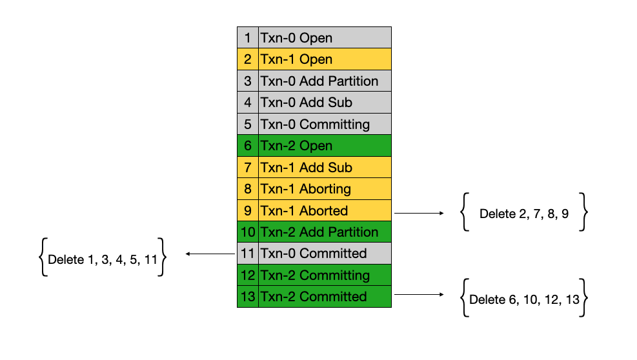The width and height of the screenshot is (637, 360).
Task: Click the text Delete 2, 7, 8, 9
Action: (x=523, y=214)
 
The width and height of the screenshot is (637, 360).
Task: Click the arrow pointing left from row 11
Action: (x=210, y=254)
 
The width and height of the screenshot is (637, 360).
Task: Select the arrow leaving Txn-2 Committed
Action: (x=419, y=294)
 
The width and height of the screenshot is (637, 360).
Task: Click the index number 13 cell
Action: (x=248, y=296)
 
